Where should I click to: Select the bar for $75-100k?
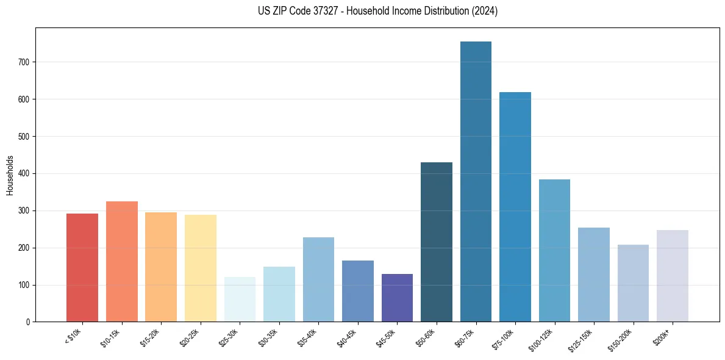[x=515, y=207]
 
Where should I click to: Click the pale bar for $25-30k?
[x=240, y=299]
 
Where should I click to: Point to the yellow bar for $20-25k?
[x=201, y=268]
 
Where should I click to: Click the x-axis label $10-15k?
[x=110, y=337]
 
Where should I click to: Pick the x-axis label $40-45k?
[x=346, y=337]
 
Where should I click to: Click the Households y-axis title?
[x=10, y=175]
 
